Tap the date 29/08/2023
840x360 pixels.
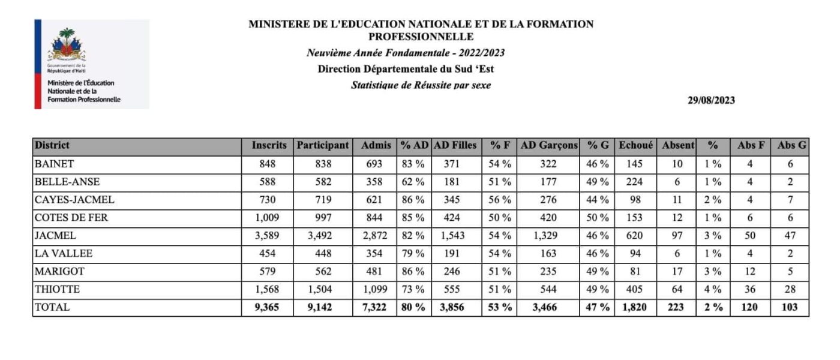[x=711, y=100]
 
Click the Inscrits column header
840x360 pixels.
[x=269, y=145]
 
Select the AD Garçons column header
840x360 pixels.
[x=549, y=145]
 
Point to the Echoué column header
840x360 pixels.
[x=637, y=145]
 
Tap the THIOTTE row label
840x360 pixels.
[x=57, y=289]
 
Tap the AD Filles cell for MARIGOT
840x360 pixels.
[x=454, y=271]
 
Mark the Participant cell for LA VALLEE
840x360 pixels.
[x=323, y=253]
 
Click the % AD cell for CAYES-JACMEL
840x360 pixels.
[x=413, y=199]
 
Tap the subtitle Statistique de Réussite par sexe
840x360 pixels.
[x=421, y=85]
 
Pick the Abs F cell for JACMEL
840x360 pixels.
[x=750, y=235]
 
